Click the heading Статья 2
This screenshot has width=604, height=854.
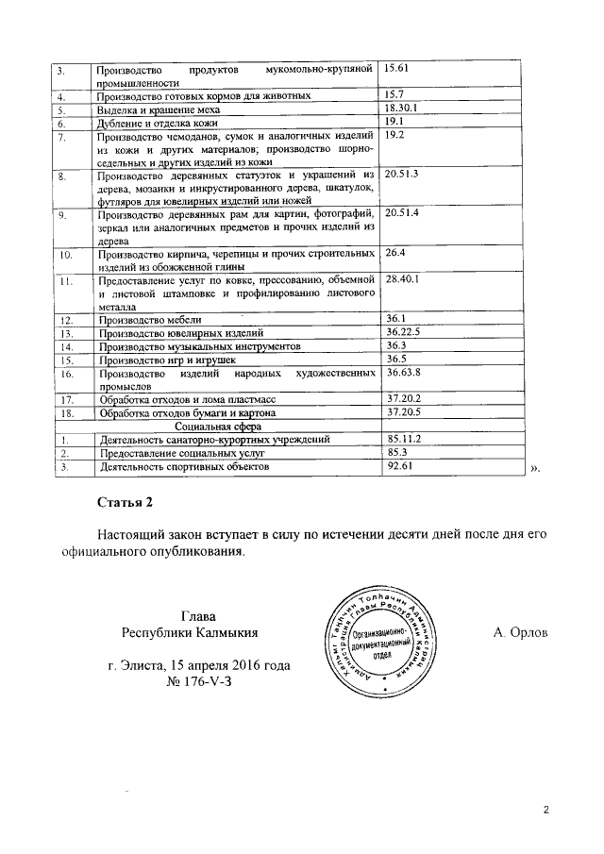(x=124, y=500)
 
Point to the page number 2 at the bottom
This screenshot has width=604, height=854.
(x=545, y=810)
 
